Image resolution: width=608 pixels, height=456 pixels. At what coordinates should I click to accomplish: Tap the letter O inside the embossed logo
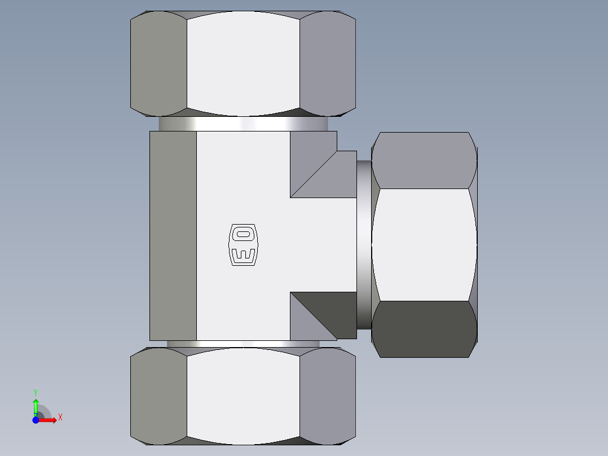(x=243, y=233)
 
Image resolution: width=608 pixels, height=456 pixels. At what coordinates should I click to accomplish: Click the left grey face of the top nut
(x=158, y=62)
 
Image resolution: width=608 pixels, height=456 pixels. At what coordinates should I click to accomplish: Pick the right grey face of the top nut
(x=327, y=62)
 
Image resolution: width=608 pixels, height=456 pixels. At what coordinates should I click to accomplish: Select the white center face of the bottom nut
(x=243, y=395)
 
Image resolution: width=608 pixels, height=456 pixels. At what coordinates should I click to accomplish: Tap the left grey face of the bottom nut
(x=158, y=395)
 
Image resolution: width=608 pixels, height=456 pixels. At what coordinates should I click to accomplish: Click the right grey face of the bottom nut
(x=327, y=395)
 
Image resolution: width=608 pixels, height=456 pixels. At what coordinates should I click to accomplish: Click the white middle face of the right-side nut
(x=424, y=244)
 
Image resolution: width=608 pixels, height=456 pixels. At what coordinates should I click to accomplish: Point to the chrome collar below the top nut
(x=243, y=124)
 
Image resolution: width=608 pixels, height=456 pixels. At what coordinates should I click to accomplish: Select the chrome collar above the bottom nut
(x=243, y=344)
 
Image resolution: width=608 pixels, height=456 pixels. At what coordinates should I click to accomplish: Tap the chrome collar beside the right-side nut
(x=364, y=245)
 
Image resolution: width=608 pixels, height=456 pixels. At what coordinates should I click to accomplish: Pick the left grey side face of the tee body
(x=173, y=235)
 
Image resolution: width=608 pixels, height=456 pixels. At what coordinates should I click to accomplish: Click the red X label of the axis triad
(x=60, y=417)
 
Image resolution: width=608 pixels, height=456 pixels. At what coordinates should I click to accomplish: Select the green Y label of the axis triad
(x=36, y=392)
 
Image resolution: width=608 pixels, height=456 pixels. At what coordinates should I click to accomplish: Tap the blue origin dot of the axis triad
(x=36, y=420)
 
